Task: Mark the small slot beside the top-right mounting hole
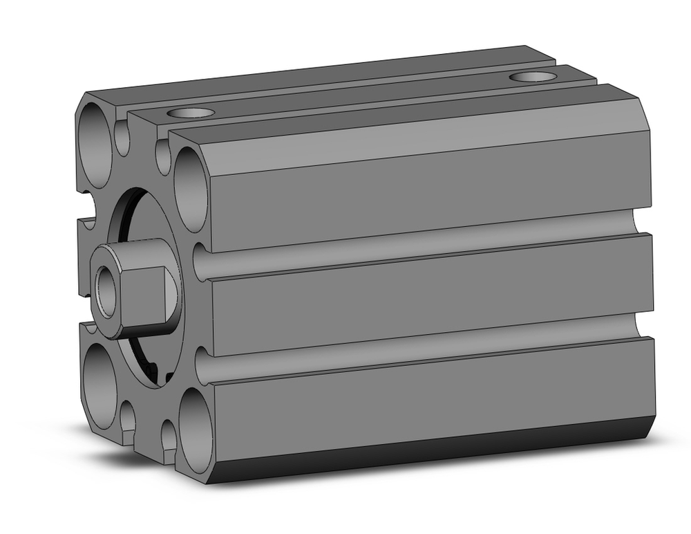click(x=163, y=156)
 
